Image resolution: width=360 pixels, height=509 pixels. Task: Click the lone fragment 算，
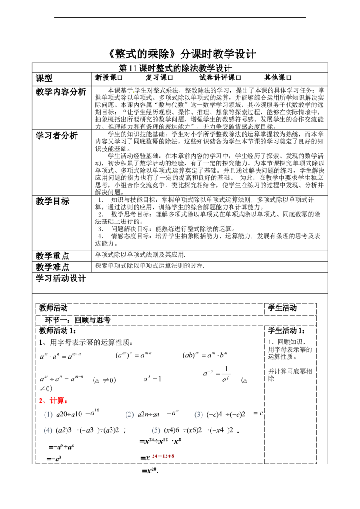100,207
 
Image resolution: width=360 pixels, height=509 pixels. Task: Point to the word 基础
111,221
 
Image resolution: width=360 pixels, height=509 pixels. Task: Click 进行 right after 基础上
130,221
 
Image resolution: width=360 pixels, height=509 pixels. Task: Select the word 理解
162,214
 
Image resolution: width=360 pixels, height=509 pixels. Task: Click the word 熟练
171,229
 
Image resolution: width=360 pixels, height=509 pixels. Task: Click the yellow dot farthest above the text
134,92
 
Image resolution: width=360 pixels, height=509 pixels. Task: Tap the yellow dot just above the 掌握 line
171,171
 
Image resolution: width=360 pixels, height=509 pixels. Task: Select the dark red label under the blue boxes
163,457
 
